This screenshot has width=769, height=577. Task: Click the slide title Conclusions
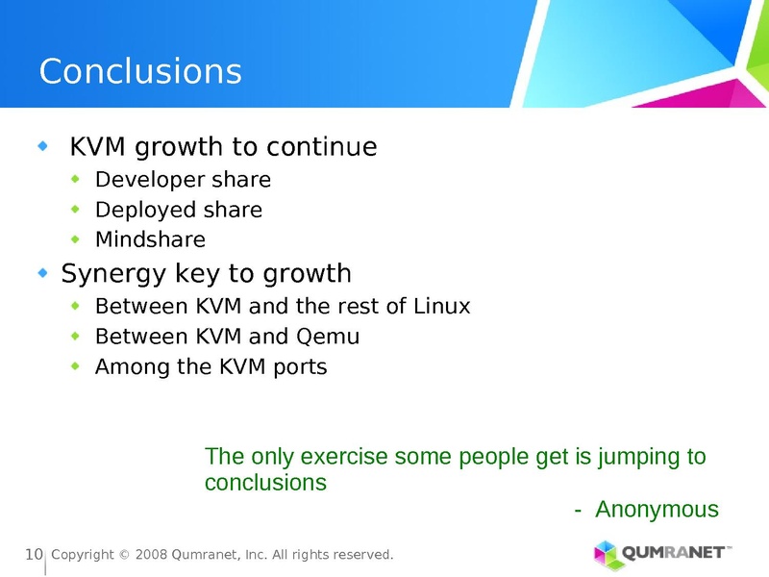click(x=140, y=72)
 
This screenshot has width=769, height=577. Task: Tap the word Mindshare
click(x=150, y=239)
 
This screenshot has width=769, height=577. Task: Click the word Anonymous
click(x=657, y=510)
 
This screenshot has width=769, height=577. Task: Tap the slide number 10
click(x=34, y=555)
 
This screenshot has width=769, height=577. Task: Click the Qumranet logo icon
click(x=607, y=554)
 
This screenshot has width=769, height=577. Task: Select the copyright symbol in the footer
click(x=123, y=556)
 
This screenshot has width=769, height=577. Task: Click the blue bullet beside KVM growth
click(x=41, y=147)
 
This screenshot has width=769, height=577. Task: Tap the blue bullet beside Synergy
click(x=41, y=274)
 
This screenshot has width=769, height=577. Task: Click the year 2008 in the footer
click(x=151, y=556)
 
